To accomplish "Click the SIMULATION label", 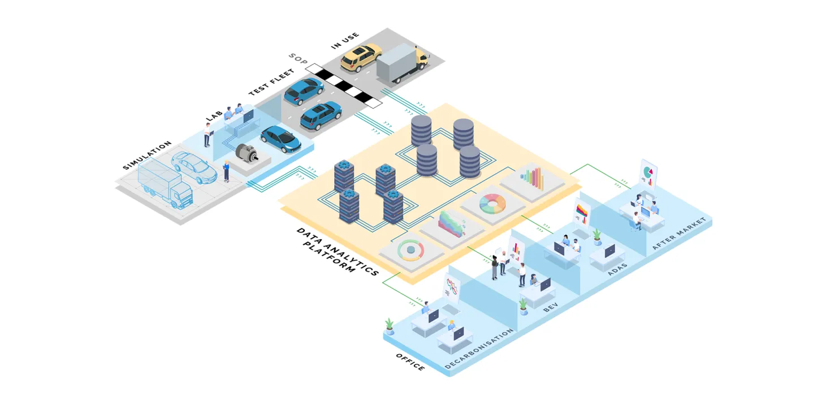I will point(147,156).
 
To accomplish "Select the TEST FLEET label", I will point(271,83).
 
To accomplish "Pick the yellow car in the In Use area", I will point(361,57).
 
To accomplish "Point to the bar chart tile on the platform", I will point(531,179).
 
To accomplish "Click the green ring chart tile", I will point(411,250).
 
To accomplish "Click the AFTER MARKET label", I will point(678,233).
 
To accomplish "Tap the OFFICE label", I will point(410,362).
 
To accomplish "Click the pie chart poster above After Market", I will point(648,173).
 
